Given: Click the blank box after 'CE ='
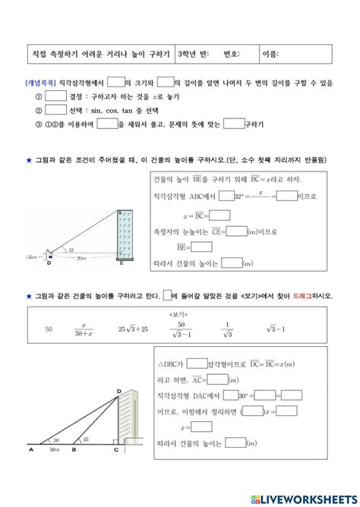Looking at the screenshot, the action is tap(237, 231).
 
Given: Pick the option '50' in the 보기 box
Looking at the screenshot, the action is tap(48, 329).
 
